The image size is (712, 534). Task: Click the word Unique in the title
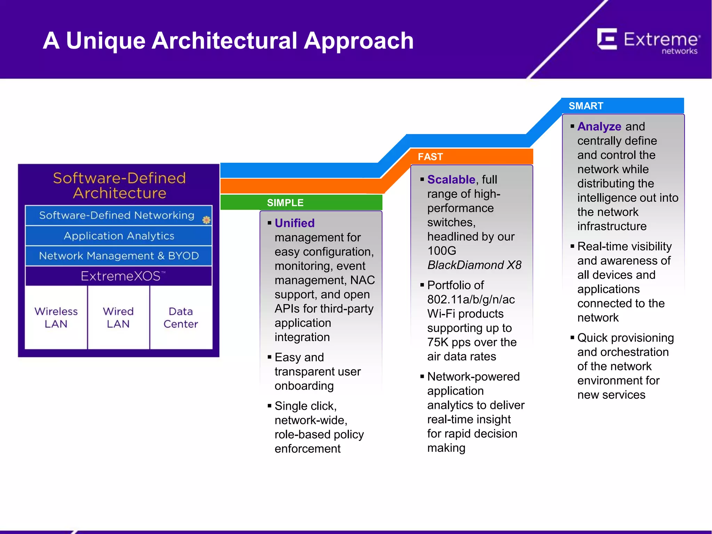105,41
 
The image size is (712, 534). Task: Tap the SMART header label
586,106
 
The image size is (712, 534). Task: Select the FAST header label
430,157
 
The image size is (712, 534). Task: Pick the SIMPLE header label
285,203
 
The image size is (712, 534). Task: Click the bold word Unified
294,223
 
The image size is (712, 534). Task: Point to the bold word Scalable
451,179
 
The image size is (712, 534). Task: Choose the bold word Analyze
599,126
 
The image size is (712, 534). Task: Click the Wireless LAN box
56,317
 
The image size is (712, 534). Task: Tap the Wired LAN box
118,317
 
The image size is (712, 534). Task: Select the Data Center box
181,317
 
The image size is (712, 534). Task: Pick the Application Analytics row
119,236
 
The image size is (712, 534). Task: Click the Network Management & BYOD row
119,256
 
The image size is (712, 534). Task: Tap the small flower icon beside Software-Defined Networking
207,220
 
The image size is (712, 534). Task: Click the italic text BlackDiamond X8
474,265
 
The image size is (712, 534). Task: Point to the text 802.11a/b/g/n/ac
471,299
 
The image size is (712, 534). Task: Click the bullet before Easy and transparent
269,357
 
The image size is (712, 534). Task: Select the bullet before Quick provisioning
572,337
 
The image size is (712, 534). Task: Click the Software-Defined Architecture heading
119,185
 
